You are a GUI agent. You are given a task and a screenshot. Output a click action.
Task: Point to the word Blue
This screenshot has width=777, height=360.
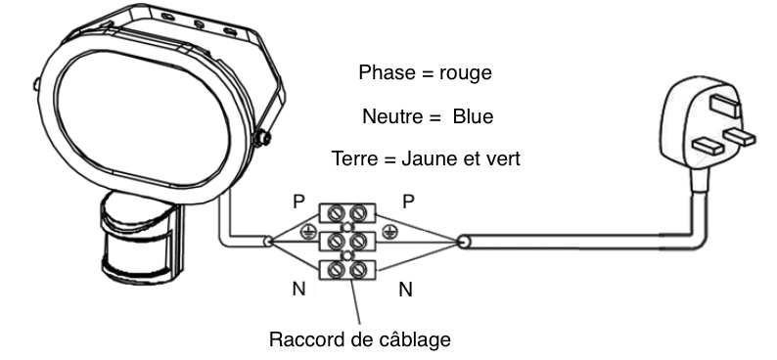(x=472, y=116)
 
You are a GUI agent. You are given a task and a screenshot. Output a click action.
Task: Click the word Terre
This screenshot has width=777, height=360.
(x=354, y=158)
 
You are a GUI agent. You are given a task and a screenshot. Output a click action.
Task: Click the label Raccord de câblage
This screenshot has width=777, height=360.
(x=359, y=340)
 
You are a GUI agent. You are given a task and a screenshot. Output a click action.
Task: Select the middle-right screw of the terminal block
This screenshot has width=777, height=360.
(x=360, y=240)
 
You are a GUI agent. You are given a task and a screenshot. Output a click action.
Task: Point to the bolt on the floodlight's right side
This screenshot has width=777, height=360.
(x=261, y=138)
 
